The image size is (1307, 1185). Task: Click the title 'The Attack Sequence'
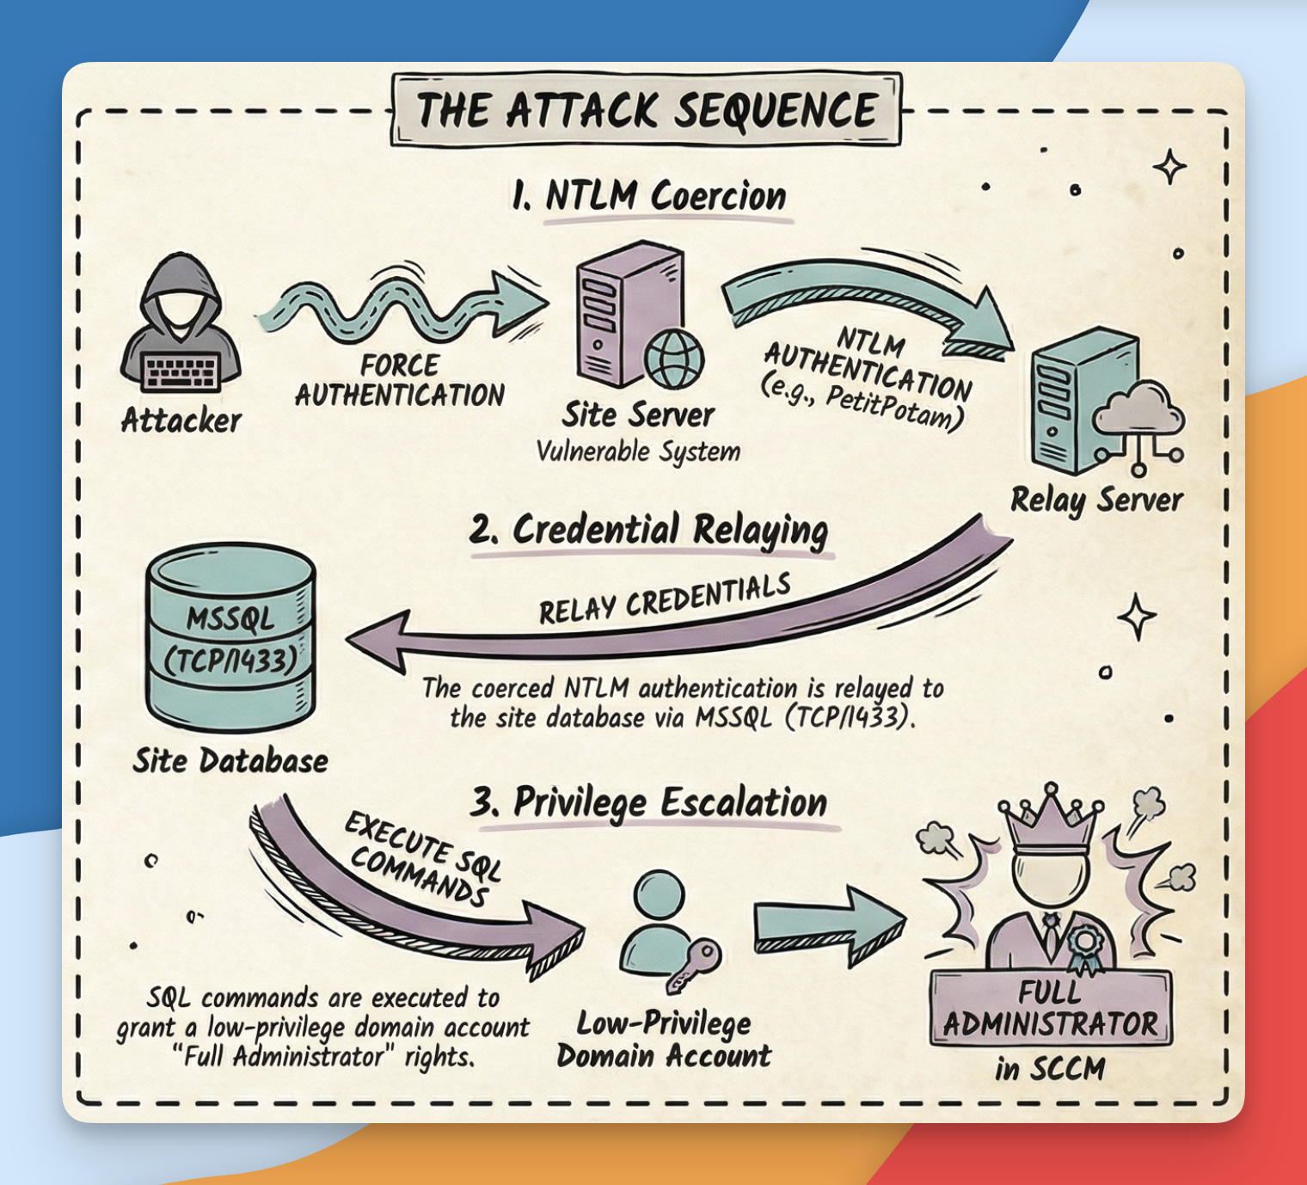tap(647, 110)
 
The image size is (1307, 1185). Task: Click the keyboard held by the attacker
tap(181, 372)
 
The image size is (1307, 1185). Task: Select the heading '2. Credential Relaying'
tap(649, 530)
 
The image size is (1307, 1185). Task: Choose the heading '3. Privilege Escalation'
tap(649, 803)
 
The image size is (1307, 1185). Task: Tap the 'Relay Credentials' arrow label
tap(665, 599)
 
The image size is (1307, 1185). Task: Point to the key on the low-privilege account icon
tap(695, 964)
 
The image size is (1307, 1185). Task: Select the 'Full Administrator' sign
tap(1051, 1009)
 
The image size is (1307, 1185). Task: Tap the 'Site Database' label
tap(230, 761)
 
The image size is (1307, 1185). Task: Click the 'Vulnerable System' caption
tap(638, 451)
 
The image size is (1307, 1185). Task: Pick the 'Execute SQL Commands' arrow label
tap(421, 860)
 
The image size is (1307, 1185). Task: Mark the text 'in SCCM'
tap(1050, 1069)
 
